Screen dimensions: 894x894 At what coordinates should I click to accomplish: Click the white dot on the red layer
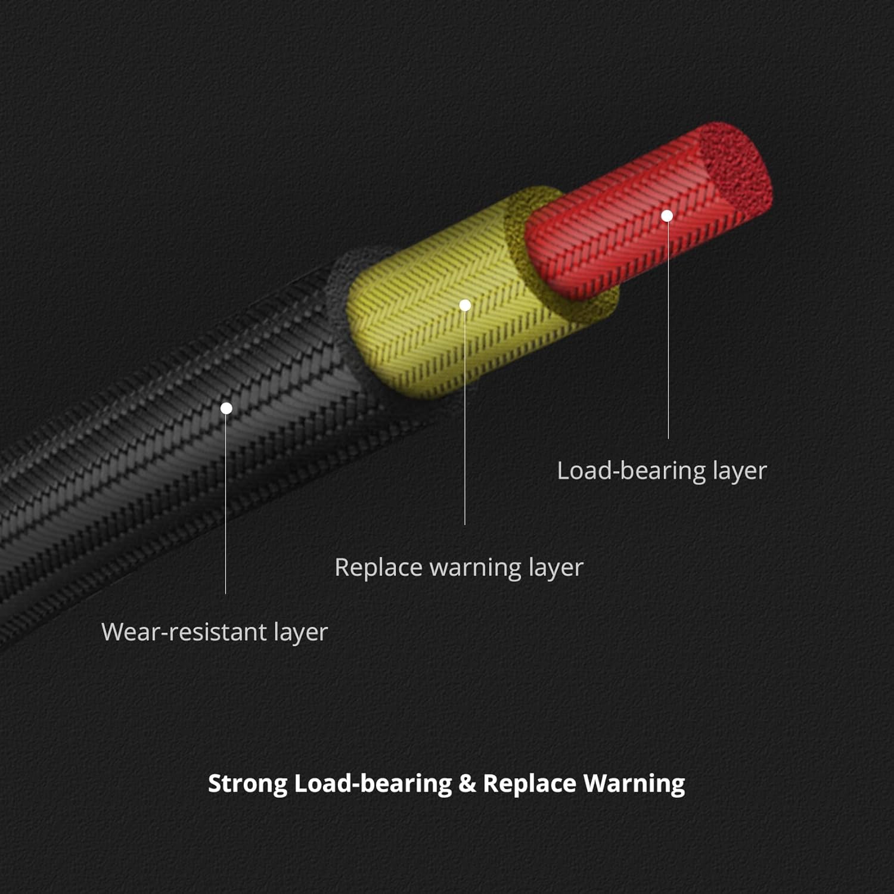point(668,216)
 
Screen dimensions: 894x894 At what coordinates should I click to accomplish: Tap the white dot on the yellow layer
point(465,306)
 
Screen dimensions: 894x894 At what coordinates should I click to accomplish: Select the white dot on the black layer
point(226,408)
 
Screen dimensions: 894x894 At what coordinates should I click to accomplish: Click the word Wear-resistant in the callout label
point(184,632)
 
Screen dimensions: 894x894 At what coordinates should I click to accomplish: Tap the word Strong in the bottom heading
point(247,783)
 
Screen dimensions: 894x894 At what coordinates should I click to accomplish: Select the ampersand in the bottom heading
point(467,783)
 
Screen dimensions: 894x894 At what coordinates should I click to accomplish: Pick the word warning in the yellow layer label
point(475,567)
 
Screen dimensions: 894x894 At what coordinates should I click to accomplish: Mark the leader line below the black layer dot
point(226,507)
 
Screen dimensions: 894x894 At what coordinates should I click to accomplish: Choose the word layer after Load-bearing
point(739,471)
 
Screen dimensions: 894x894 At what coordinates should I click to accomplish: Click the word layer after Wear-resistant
point(300,632)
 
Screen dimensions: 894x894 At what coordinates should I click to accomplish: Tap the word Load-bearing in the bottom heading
point(372,783)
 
